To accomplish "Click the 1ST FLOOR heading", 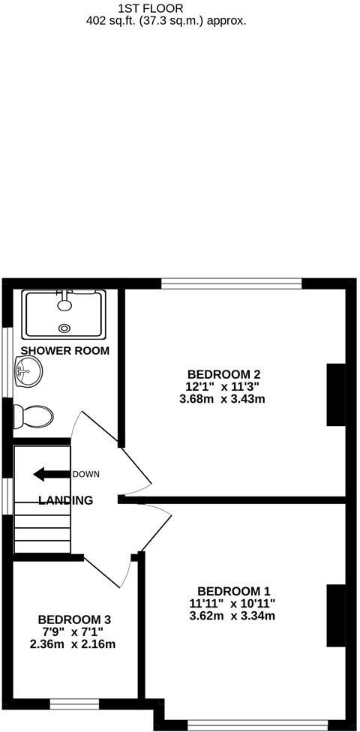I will (x=151, y=8).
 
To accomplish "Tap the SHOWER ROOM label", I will (x=65, y=350).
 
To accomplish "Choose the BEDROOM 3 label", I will (x=75, y=619).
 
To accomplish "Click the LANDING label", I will (x=66, y=500).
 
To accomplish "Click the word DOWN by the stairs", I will (x=85, y=474).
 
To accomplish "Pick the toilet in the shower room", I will (x=34, y=416).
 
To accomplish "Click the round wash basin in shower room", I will (x=28, y=370).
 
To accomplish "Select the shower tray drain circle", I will (x=64, y=327).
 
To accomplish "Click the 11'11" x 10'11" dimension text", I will (x=233, y=604).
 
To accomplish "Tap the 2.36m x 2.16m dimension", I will (x=73, y=644).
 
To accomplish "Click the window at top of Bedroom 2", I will (x=232, y=283).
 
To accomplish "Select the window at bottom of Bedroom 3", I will (x=79, y=703).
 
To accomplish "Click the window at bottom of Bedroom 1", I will (x=257, y=725).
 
